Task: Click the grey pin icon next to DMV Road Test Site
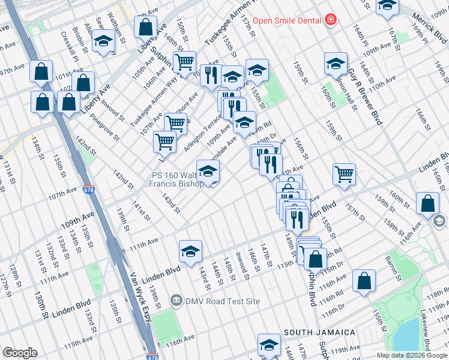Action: (x=176, y=299)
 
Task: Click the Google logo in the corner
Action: (x=20, y=353)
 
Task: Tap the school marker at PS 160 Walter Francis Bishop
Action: (x=208, y=172)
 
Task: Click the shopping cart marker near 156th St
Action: (x=344, y=175)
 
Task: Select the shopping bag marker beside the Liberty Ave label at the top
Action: (x=145, y=27)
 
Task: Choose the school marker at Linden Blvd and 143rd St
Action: (x=190, y=251)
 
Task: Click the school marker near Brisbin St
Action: (x=103, y=41)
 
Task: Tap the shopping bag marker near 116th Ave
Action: (x=364, y=281)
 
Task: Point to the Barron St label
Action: (x=394, y=267)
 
